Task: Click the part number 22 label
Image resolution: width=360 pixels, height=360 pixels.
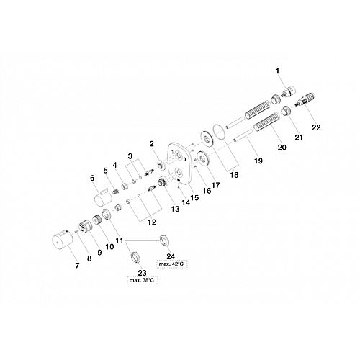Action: (316, 127)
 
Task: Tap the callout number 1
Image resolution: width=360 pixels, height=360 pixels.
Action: (278, 71)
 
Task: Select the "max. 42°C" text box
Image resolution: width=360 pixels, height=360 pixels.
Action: (171, 264)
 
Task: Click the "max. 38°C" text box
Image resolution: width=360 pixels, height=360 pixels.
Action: (142, 280)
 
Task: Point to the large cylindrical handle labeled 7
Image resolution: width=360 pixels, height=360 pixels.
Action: (61, 238)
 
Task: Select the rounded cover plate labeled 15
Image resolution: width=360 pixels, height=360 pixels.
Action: (179, 163)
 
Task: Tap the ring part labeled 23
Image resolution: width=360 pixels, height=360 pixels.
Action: (135, 258)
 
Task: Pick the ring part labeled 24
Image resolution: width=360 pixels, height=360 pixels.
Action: (165, 240)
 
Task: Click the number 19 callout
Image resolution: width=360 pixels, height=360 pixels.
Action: (258, 161)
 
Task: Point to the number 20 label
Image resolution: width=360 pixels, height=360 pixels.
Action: (282, 147)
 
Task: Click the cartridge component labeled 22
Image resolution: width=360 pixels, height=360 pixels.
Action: (305, 99)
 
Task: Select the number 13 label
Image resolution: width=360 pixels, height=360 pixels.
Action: (175, 209)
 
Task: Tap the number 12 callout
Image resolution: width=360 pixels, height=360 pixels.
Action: (152, 222)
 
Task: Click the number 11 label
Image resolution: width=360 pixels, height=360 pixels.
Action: (120, 240)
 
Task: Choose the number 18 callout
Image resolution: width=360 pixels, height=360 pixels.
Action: (234, 175)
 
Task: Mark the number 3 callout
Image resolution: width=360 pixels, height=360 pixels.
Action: (130, 156)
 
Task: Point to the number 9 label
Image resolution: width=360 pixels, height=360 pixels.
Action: (99, 253)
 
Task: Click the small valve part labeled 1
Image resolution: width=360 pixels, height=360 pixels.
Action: (288, 92)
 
